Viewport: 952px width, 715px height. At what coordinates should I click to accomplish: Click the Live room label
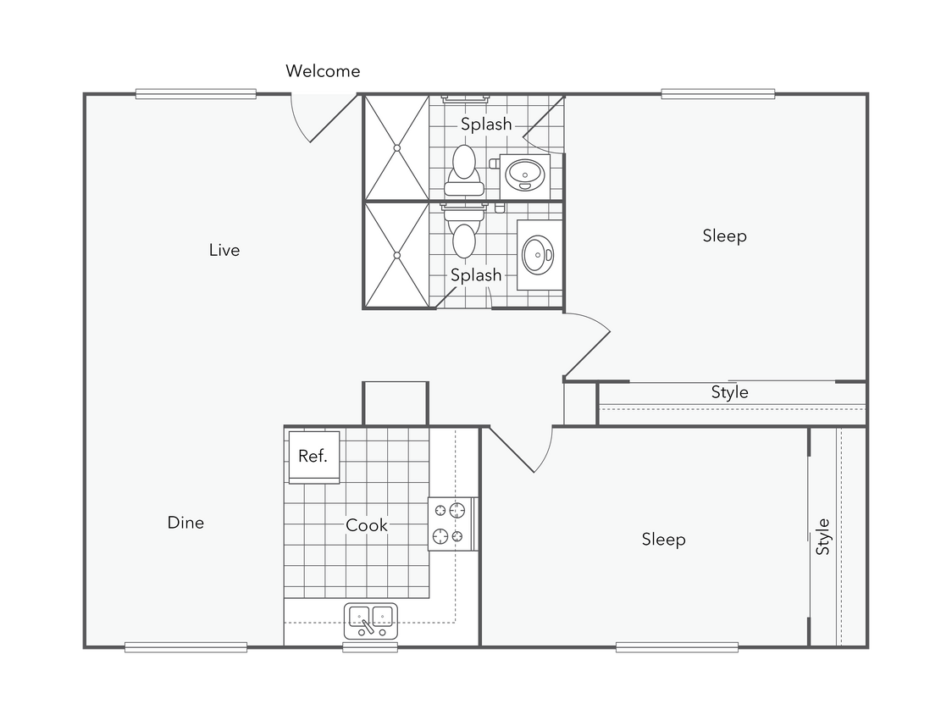[224, 250]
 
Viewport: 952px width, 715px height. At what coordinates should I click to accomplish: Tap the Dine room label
[185, 523]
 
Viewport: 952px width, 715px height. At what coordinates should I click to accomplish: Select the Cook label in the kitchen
[367, 525]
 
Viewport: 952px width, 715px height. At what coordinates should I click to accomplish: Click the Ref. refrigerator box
[313, 457]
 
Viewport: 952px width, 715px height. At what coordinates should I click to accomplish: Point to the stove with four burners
[450, 523]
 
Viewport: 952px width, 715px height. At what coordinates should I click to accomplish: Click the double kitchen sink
[371, 620]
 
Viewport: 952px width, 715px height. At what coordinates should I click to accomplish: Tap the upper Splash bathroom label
[486, 125]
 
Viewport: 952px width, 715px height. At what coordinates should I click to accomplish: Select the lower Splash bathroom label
[476, 275]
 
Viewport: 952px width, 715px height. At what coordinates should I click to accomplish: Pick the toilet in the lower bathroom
[463, 235]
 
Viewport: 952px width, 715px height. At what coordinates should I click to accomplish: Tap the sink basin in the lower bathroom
[537, 253]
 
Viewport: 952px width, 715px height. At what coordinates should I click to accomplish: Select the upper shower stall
[396, 148]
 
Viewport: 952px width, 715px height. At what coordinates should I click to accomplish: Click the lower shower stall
[396, 255]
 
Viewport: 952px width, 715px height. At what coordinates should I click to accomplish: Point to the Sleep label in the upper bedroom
[724, 236]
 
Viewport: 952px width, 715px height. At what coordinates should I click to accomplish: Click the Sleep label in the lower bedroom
[663, 540]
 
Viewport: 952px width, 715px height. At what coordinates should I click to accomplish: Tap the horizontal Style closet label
[729, 392]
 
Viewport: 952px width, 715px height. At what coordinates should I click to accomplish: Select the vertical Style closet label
[823, 536]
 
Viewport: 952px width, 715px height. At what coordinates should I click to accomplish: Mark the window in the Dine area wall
[185, 648]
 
